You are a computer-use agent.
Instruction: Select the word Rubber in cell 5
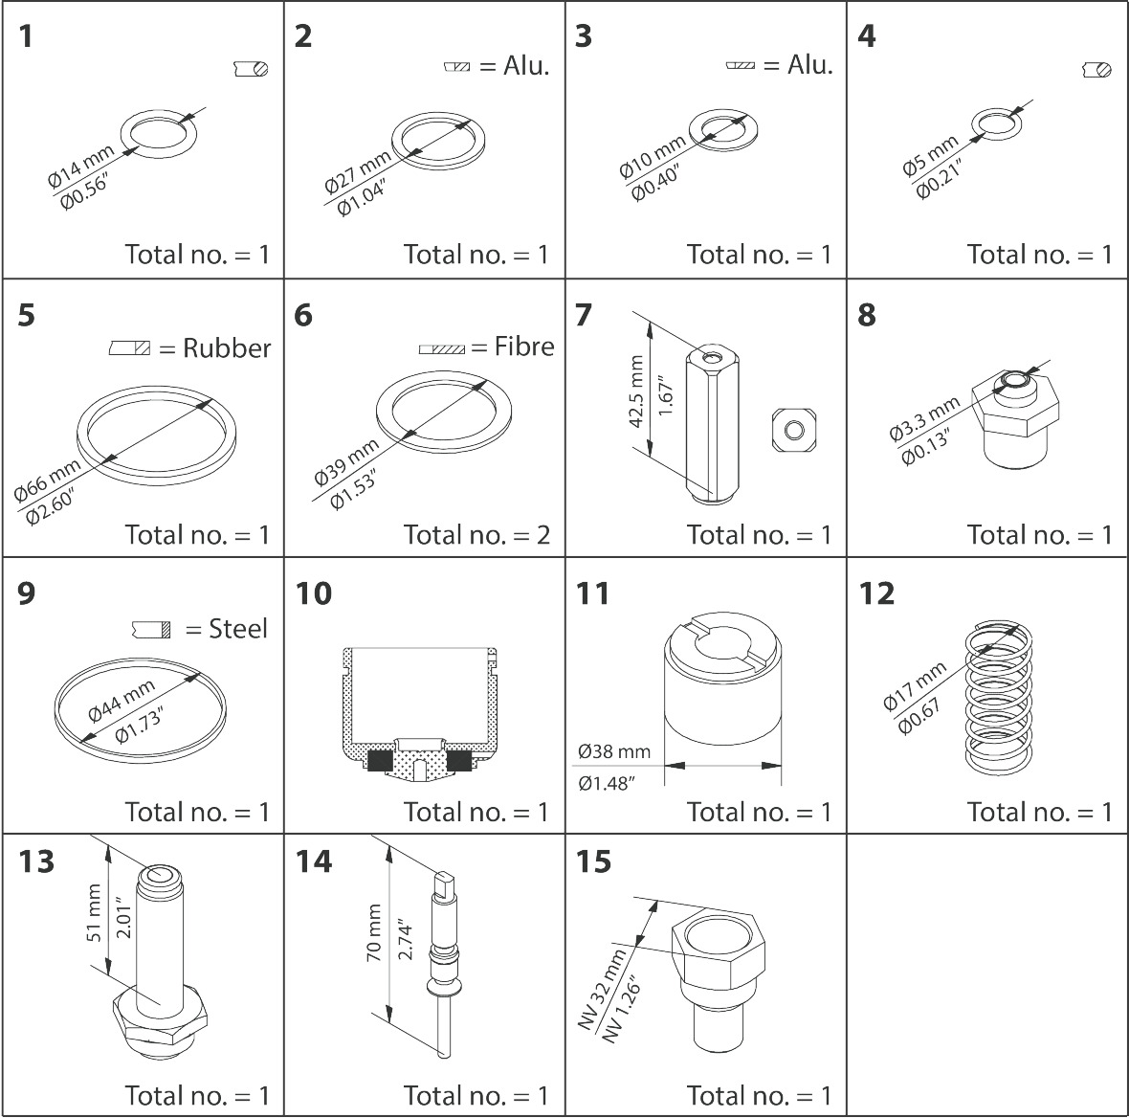[x=227, y=348]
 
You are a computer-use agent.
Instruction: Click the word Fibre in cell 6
[x=523, y=347]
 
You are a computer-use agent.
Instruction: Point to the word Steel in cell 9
[x=238, y=629]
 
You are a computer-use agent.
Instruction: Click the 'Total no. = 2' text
[x=476, y=534]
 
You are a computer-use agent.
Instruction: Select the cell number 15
[x=593, y=861]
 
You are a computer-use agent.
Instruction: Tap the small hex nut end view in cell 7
[x=793, y=430]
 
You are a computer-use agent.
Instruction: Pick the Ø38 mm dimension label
[x=613, y=750]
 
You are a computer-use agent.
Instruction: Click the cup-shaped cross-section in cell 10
[x=421, y=713]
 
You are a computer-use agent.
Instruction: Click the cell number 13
[x=36, y=861]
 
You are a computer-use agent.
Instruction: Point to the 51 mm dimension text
[x=94, y=919]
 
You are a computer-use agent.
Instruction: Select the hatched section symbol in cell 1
[x=251, y=69]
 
